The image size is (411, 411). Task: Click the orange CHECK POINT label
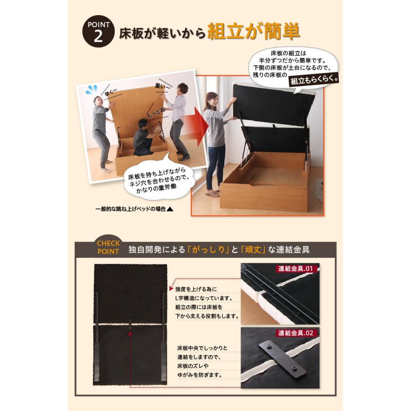108,247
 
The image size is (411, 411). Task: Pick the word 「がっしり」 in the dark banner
210,250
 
